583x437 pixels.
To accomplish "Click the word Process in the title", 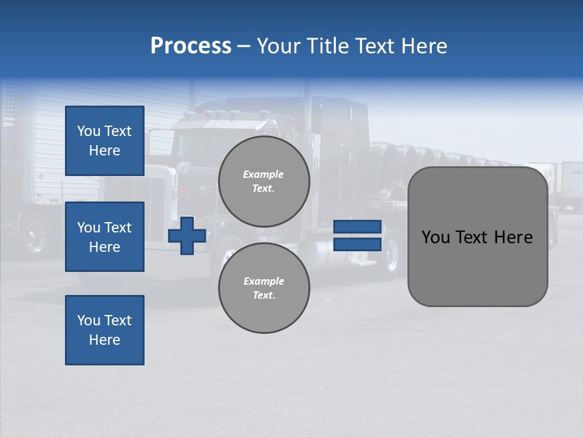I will click(191, 46).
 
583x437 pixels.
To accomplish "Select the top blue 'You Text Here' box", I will click(104, 141).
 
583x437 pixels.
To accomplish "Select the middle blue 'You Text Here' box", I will click(104, 237).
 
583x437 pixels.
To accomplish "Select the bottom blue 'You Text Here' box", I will click(104, 330).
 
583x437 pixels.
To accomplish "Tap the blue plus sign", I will click(187, 235).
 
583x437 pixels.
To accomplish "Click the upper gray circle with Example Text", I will click(264, 181).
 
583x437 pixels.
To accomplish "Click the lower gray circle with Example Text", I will click(264, 288).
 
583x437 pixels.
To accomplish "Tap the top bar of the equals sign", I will click(357, 226).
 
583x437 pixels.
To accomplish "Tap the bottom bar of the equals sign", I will click(357, 244).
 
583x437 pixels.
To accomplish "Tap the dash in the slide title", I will click(244, 46).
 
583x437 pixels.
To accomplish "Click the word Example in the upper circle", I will click(264, 174).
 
